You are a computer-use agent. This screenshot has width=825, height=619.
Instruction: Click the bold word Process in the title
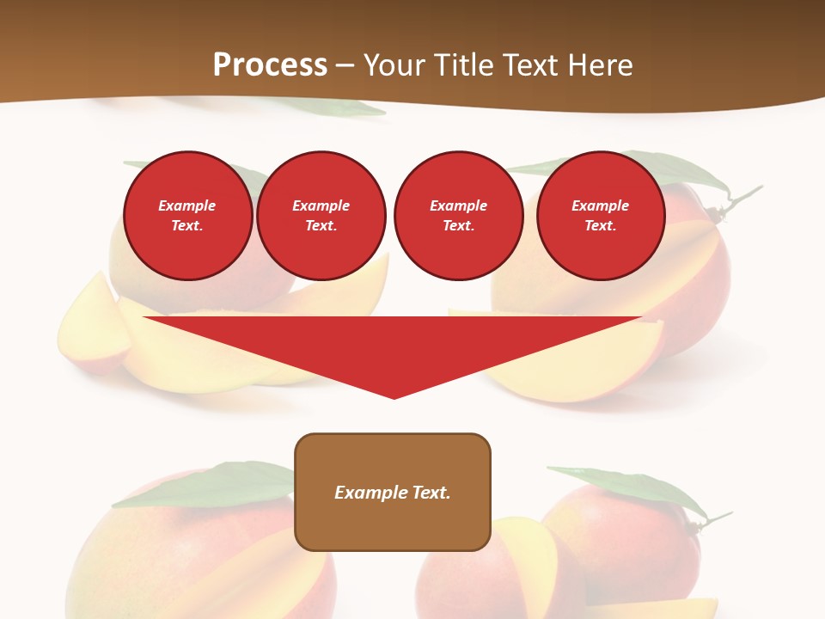pos(270,65)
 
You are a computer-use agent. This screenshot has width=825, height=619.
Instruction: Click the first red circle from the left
pos(187,216)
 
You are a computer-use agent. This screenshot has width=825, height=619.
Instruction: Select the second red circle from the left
pos(321,216)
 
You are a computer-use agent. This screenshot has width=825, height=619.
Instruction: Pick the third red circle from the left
pos(458,216)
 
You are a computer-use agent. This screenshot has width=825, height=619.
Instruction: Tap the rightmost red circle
pos(600,216)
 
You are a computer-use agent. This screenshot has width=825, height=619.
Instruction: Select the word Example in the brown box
pos(370,493)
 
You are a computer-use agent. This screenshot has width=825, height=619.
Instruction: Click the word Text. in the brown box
pos(430,493)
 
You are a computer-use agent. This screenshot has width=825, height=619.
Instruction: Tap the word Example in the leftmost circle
pos(187,205)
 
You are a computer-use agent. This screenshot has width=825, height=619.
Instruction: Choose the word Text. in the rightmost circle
pos(600,226)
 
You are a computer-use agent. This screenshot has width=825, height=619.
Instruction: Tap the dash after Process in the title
pos(345,65)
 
